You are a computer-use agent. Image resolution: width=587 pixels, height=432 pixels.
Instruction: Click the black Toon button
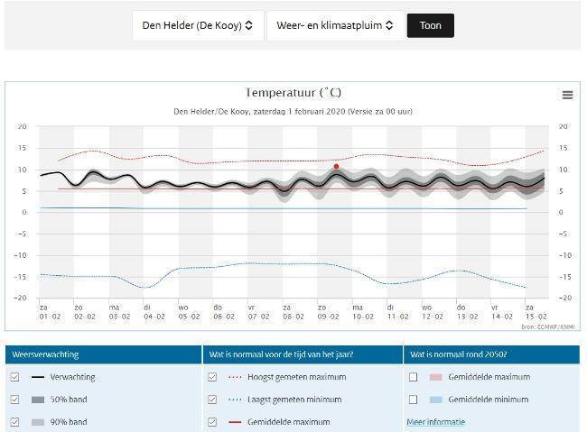pyautogui.click(x=430, y=25)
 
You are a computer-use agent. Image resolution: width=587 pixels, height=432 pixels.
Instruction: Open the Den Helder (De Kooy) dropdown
pyautogui.click(x=198, y=25)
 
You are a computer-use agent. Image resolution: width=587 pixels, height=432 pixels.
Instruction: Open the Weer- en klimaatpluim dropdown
pyautogui.click(x=335, y=25)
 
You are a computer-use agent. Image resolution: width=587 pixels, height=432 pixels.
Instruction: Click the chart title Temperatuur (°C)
pyautogui.click(x=293, y=92)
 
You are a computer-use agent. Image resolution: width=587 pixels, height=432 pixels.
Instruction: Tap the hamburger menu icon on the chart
pyautogui.click(x=567, y=95)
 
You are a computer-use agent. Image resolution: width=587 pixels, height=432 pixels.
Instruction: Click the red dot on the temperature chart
pyautogui.click(x=336, y=166)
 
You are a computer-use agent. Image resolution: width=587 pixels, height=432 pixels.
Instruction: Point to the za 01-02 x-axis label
pyautogui.click(x=43, y=312)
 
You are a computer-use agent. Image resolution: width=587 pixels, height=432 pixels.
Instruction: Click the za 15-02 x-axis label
pyautogui.click(x=536, y=312)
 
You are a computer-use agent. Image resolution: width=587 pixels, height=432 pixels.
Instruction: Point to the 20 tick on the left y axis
pyautogui.click(x=22, y=126)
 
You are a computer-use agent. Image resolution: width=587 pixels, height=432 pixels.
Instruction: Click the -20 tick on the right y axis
pyautogui.click(x=564, y=298)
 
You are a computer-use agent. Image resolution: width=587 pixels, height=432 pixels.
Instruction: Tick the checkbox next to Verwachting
pyautogui.click(x=14, y=377)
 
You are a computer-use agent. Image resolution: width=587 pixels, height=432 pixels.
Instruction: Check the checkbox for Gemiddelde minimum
pyautogui.click(x=414, y=400)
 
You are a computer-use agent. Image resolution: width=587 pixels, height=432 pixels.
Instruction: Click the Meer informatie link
pyautogui.click(x=436, y=421)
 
